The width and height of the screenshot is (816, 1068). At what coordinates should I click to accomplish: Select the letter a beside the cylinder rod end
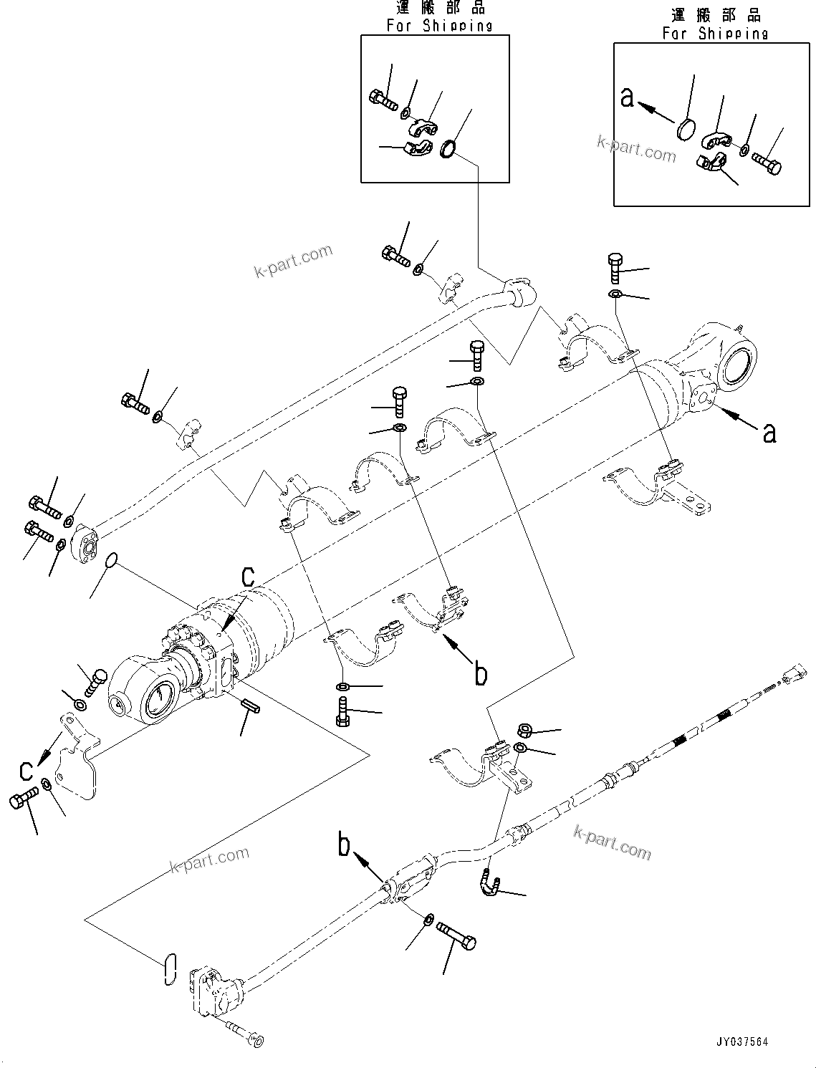(x=769, y=433)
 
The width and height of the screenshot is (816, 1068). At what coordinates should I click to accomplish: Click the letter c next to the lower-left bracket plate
(x=26, y=770)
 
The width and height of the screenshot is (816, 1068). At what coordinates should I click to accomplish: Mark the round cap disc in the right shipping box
(x=686, y=131)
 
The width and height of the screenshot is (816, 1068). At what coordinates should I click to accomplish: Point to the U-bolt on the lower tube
(x=489, y=882)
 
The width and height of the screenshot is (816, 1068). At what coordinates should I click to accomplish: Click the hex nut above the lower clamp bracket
(x=524, y=731)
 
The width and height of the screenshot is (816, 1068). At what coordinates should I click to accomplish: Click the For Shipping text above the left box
(x=440, y=26)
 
